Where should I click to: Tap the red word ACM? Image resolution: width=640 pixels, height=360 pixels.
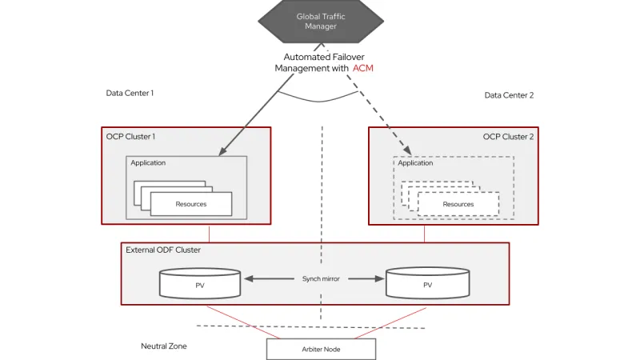tap(363, 69)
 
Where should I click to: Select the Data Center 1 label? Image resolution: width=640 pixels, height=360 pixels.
tap(130, 93)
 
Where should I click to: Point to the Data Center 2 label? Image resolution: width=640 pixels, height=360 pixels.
tap(509, 95)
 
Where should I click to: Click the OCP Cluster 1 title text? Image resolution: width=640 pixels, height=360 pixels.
tap(130, 137)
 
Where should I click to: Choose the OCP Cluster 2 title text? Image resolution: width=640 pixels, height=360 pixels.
tap(508, 137)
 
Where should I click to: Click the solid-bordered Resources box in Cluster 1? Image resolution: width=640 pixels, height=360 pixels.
tap(191, 204)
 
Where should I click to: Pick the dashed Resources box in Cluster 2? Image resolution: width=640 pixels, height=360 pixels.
tap(458, 204)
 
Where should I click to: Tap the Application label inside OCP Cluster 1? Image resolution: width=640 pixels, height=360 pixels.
tap(148, 163)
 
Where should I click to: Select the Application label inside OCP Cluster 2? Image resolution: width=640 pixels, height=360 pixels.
tap(415, 163)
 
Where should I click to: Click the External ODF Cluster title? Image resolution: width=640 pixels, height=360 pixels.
tap(163, 250)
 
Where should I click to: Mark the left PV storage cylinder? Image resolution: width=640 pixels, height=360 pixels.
tap(200, 283)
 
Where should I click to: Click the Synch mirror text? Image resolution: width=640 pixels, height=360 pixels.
tap(321, 279)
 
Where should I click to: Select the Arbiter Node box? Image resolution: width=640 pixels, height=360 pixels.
tap(320, 349)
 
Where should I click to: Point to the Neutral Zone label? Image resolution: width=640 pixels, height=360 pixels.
tap(164, 346)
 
